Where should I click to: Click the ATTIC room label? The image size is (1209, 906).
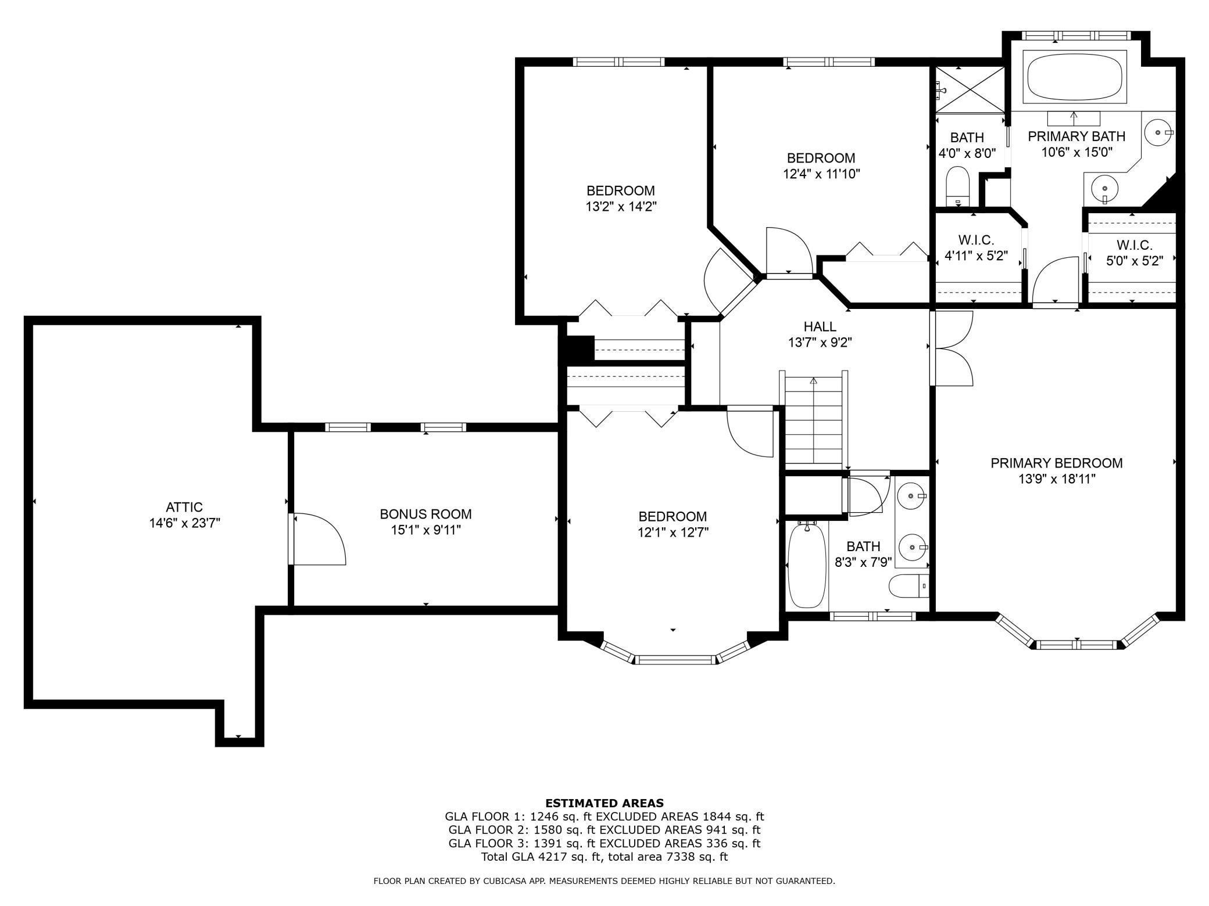tap(184, 507)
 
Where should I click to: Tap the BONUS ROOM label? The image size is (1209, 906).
tap(425, 514)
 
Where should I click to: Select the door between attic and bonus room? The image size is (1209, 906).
tap(317, 539)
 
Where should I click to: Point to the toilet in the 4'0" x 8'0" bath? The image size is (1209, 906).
tap(957, 186)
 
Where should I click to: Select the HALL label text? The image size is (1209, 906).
tap(820, 326)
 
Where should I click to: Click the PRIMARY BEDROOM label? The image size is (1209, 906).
tap(1057, 463)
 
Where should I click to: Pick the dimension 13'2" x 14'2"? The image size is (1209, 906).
tap(621, 206)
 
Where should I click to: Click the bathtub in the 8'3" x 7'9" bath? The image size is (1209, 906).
tap(807, 564)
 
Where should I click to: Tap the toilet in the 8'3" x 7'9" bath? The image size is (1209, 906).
tap(908, 585)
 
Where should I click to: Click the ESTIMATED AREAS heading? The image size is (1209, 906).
tap(604, 803)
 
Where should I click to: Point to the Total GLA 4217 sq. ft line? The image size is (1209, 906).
tap(604, 856)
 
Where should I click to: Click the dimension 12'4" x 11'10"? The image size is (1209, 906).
tap(821, 173)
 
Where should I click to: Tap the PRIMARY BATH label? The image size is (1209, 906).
tap(1076, 136)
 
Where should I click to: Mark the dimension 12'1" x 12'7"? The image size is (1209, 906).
tap(673, 532)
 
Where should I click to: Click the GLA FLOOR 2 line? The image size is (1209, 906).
tap(604, 830)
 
